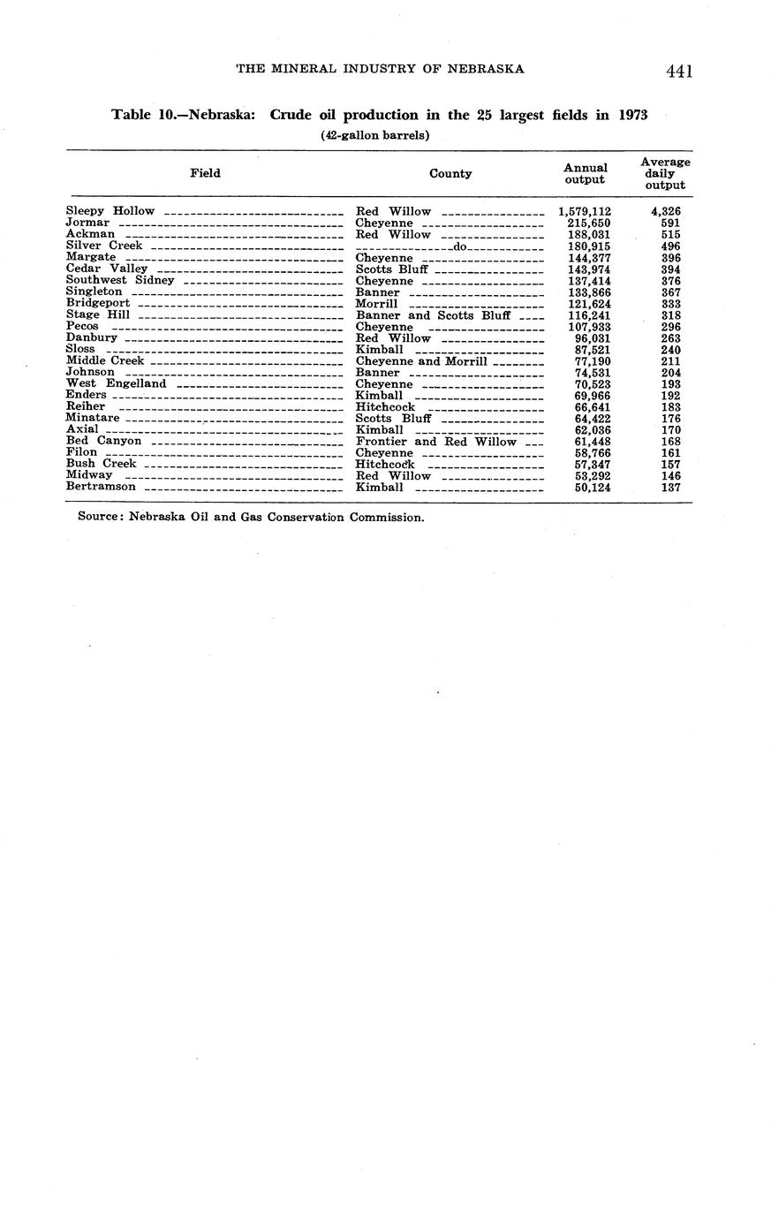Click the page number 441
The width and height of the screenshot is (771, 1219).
click(x=679, y=72)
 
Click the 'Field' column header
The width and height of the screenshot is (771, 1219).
click(x=205, y=173)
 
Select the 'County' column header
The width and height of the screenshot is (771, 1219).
click(x=450, y=174)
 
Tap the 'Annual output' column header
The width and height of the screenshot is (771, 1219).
click(x=585, y=173)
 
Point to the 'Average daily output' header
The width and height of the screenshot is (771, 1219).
click(x=665, y=173)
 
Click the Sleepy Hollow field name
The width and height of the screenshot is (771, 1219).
click(x=110, y=211)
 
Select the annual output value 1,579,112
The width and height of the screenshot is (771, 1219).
click(x=585, y=212)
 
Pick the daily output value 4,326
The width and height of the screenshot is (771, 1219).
click(x=665, y=212)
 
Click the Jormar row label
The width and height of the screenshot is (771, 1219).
click(x=87, y=223)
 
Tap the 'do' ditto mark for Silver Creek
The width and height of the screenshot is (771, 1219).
click(x=459, y=246)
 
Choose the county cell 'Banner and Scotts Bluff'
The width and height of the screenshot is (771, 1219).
click(x=433, y=315)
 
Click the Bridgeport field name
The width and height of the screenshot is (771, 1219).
click(x=98, y=304)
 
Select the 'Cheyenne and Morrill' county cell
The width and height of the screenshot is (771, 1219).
click(x=421, y=361)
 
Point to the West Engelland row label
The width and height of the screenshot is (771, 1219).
click(x=116, y=384)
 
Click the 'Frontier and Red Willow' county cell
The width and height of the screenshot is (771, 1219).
click(x=435, y=442)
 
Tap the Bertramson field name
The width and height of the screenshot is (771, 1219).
click(x=101, y=487)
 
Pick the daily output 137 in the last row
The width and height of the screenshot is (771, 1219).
click(x=670, y=488)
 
